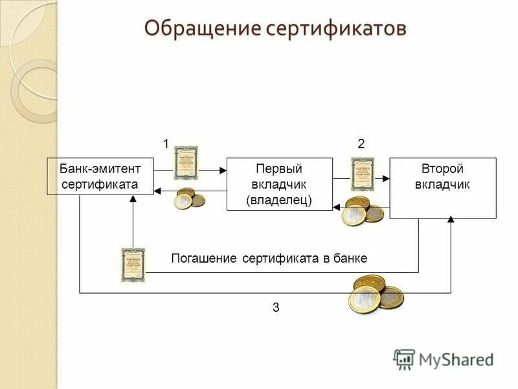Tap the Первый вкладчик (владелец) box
click(279, 184)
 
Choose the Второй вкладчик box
click(442, 188)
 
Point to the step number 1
click(166, 145)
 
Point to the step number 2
click(361, 145)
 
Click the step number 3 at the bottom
click(276, 308)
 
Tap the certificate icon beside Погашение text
click(133, 264)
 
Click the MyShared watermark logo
click(444, 359)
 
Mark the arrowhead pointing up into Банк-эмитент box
click(133, 199)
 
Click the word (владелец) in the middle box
click(279, 200)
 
